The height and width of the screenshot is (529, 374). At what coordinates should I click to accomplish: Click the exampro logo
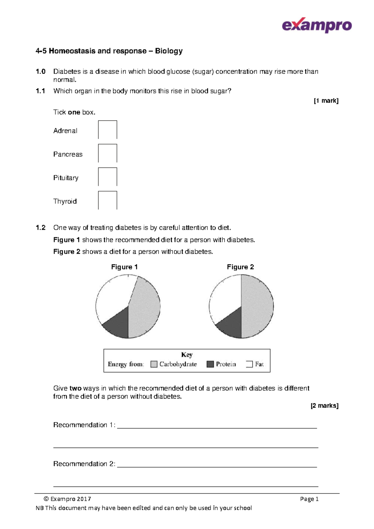pyautogui.click(x=317, y=25)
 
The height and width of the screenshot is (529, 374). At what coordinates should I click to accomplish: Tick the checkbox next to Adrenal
pyautogui.click(x=108, y=130)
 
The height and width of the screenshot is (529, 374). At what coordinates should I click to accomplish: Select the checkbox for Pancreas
pyautogui.click(x=108, y=153)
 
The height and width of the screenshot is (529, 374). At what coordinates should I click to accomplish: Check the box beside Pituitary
pyautogui.click(x=108, y=177)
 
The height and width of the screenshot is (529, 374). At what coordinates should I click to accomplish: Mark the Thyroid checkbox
pyautogui.click(x=108, y=200)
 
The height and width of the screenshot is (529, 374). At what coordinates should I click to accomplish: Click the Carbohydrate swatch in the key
pyautogui.click(x=154, y=364)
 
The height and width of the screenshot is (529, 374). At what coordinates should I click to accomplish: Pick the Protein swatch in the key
pyautogui.click(x=210, y=364)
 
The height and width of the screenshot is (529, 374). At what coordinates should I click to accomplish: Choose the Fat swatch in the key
pyautogui.click(x=249, y=364)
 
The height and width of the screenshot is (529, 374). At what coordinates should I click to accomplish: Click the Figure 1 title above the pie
pyautogui.click(x=124, y=267)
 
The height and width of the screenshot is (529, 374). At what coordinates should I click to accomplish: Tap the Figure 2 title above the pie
pyautogui.click(x=240, y=267)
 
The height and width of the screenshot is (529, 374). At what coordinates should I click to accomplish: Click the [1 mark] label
pyautogui.click(x=326, y=101)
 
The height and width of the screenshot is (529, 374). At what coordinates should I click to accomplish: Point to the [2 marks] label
pyautogui.click(x=324, y=405)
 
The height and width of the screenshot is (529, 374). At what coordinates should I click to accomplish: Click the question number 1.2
pyautogui.click(x=41, y=228)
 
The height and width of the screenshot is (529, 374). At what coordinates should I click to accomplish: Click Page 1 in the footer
pyautogui.click(x=309, y=499)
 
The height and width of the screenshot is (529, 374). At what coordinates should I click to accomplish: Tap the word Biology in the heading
pyautogui.click(x=169, y=51)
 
